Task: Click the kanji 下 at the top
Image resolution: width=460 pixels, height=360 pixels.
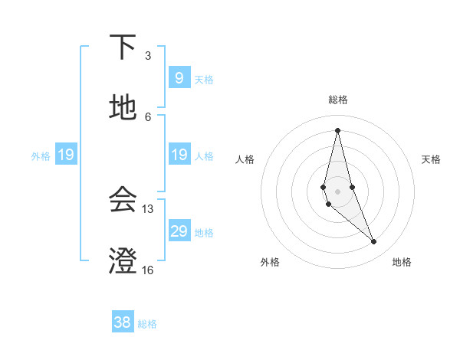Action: tap(123, 47)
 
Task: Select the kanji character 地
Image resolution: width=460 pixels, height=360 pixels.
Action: tap(123, 108)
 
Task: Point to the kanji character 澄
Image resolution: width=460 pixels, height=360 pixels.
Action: tap(123, 261)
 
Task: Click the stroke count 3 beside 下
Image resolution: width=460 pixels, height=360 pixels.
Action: tap(148, 56)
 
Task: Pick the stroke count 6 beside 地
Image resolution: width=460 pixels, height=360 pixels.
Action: tap(148, 116)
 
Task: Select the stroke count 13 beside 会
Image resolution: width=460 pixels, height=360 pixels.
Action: tap(148, 208)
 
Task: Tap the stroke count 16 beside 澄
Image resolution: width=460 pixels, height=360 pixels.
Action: tap(148, 270)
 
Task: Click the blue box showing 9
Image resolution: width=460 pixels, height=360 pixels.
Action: tap(179, 77)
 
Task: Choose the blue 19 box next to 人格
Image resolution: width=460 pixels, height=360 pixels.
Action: tap(179, 155)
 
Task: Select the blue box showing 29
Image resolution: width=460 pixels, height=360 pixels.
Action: tap(179, 231)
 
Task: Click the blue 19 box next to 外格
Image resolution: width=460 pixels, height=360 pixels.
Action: tap(66, 155)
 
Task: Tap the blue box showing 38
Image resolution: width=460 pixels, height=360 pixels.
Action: tap(123, 322)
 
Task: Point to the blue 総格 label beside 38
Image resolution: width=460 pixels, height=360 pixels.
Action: tap(147, 324)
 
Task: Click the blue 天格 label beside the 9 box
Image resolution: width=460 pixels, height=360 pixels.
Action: tap(204, 79)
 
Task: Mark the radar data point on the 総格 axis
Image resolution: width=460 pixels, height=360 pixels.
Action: tap(337, 129)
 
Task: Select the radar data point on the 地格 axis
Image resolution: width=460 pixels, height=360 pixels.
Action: tap(374, 242)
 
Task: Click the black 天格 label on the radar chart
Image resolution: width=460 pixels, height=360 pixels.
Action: tap(431, 159)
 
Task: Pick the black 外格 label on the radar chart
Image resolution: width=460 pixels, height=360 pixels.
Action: tap(270, 262)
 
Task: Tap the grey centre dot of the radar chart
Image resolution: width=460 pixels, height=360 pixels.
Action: tap(337, 191)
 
